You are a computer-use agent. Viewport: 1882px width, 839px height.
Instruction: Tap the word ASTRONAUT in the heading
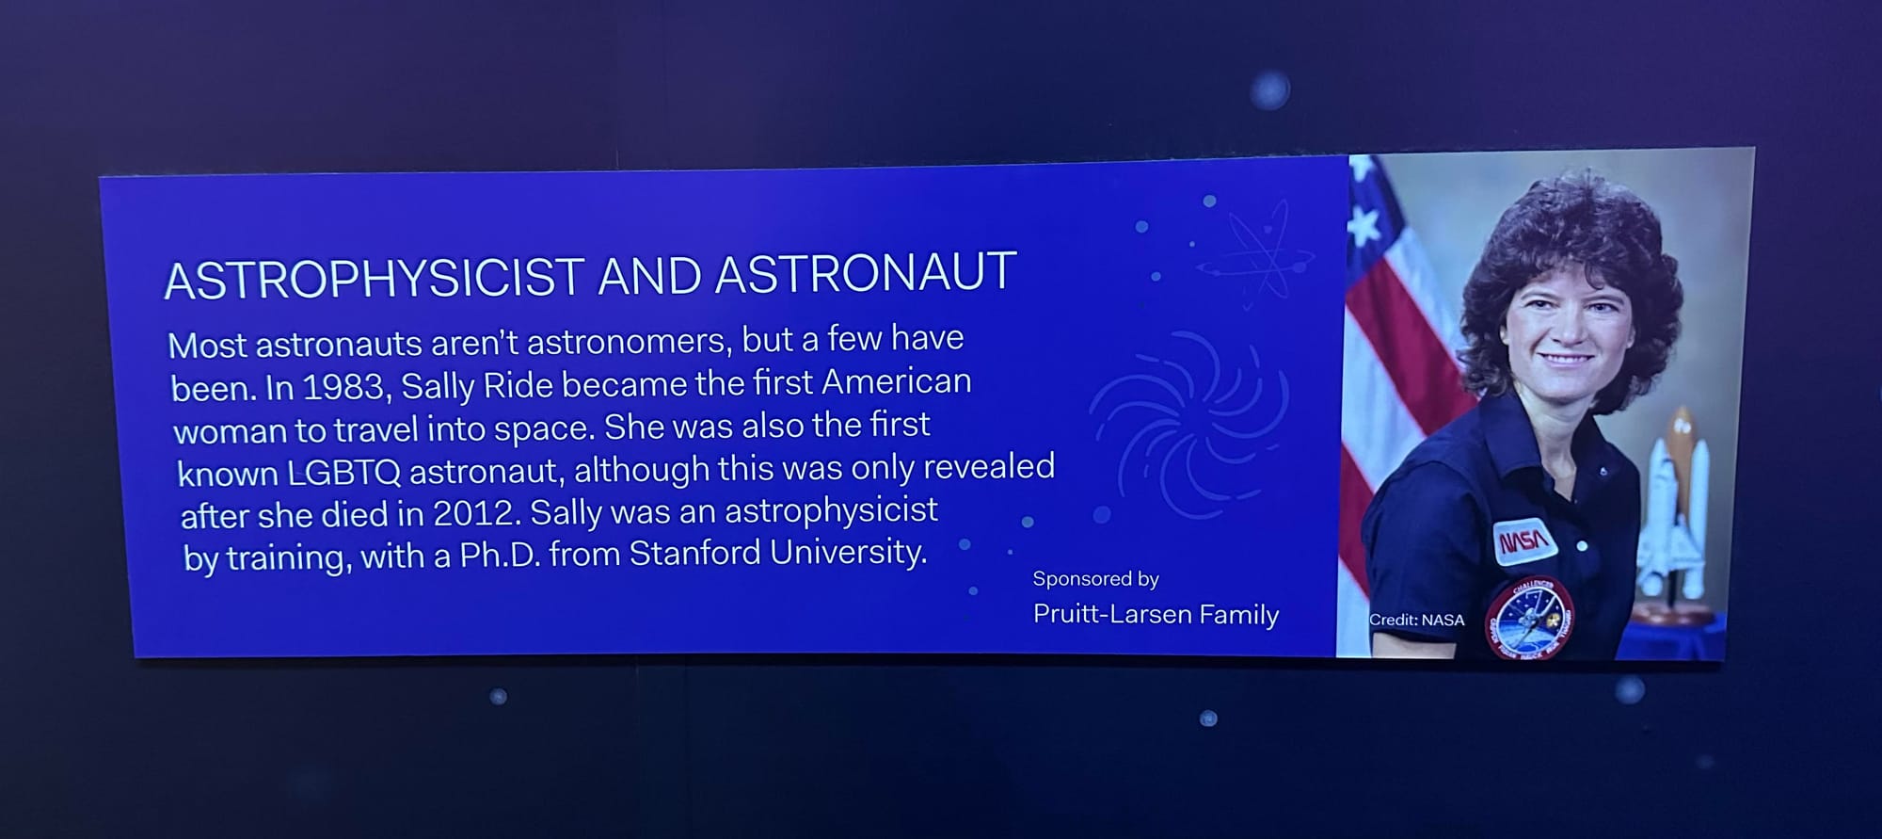point(866,272)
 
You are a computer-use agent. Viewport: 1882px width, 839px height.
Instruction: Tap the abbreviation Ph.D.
point(500,555)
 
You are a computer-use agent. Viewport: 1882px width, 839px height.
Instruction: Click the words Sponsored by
point(1095,578)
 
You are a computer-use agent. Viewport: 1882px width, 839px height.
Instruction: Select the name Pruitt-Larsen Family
point(1156,614)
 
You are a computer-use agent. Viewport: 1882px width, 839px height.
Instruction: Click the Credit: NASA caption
point(1416,620)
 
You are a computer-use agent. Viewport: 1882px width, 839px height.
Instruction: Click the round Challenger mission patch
point(1530,618)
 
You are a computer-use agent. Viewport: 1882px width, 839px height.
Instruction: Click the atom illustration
point(1254,252)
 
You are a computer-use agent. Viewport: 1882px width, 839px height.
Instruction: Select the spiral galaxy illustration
point(1188,425)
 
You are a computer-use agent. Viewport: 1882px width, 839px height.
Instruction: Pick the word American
point(896,381)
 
